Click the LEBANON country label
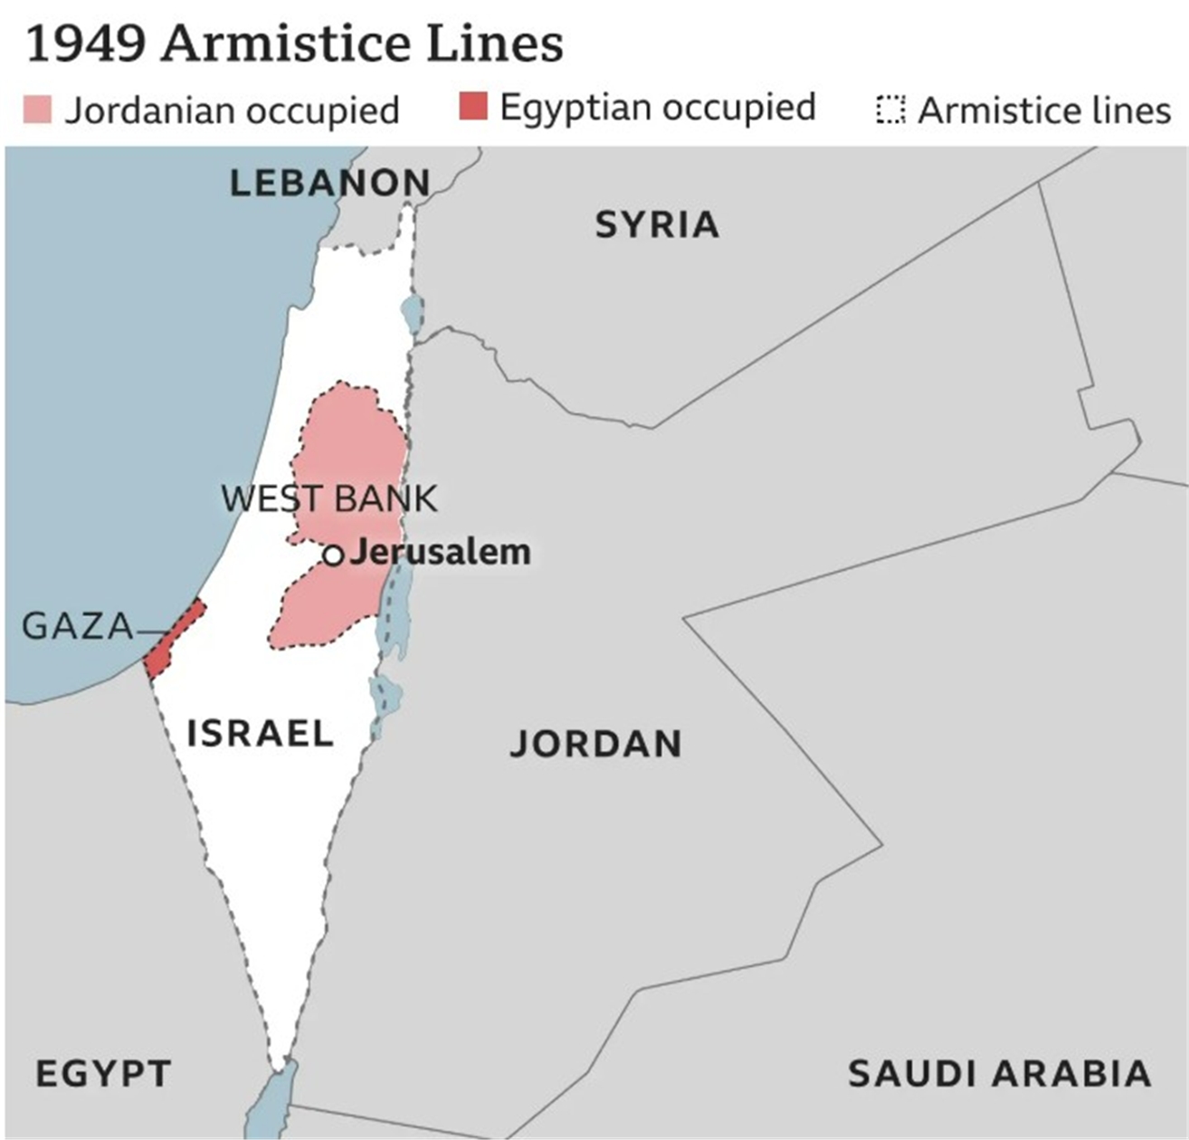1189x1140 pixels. pos(330,184)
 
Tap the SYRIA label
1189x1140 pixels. pos(657,224)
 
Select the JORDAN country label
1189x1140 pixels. pos(595,744)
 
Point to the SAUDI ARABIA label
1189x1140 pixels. pos(999,1074)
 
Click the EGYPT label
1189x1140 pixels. pos(103,1074)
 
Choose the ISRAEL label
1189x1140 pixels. pos(260,733)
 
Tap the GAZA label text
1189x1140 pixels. pos(77,626)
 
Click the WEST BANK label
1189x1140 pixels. pos(329,499)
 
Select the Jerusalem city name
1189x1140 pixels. pos(441,552)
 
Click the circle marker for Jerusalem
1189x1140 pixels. pos(334,555)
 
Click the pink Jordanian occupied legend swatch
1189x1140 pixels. pos(37,109)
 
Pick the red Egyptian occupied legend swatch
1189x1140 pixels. pos(472,106)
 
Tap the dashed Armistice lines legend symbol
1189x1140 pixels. pos(890,109)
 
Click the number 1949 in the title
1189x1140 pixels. pos(86,43)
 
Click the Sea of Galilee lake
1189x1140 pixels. pos(413,313)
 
